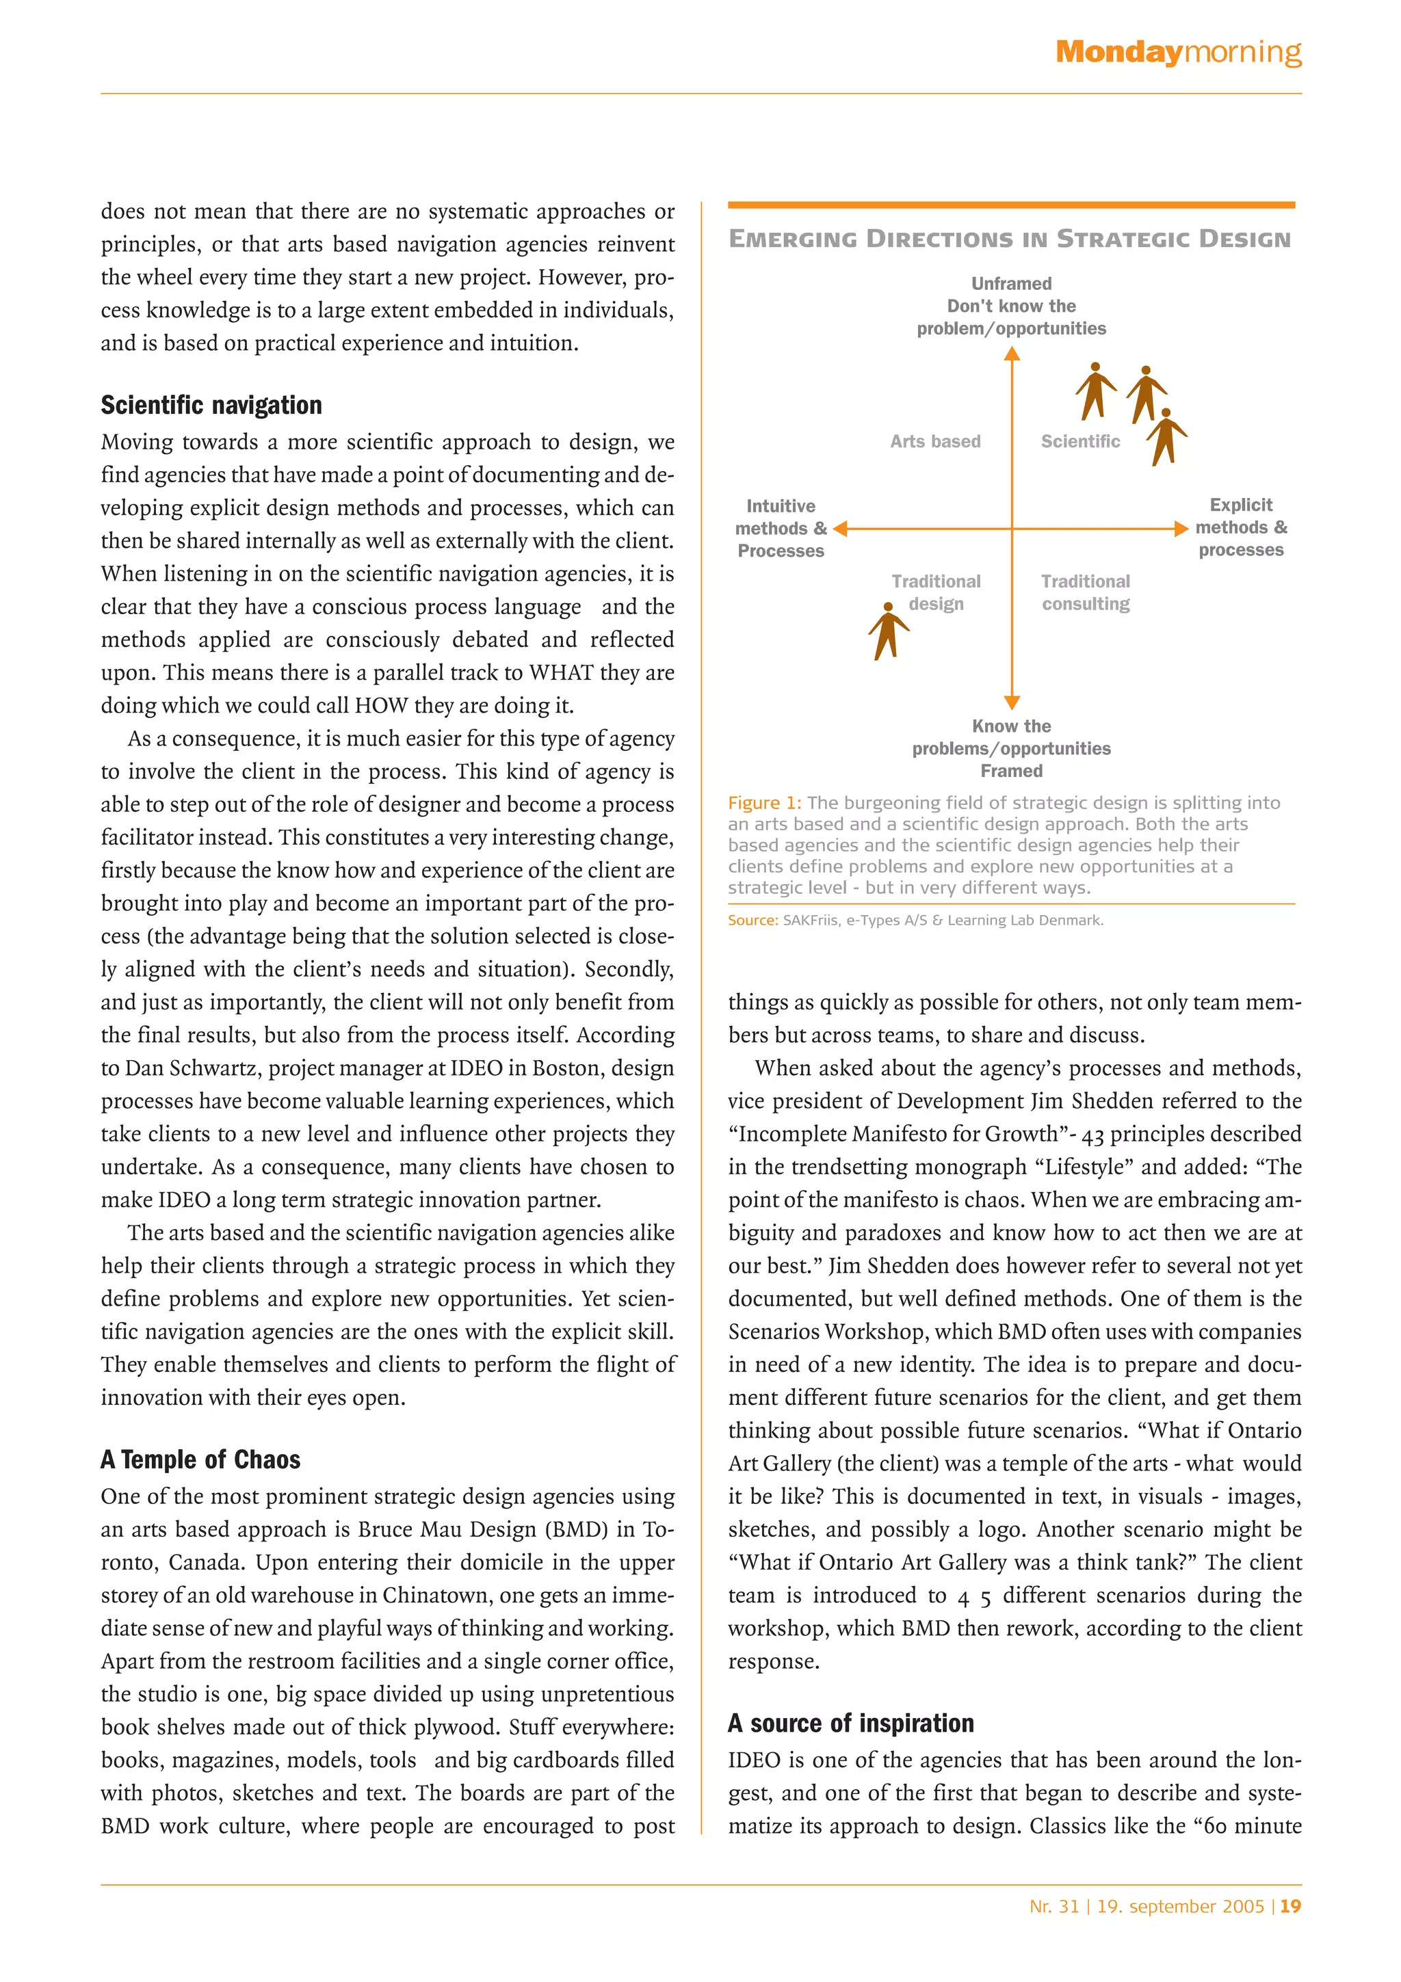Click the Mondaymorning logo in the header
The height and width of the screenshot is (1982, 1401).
click(x=1177, y=53)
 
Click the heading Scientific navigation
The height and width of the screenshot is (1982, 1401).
click(x=211, y=405)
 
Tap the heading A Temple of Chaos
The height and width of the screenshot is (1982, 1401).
click(x=200, y=1459)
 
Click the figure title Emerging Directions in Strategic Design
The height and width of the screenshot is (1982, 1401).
click(x=1009, y=239)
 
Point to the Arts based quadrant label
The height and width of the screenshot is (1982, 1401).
click(x=935, y=441)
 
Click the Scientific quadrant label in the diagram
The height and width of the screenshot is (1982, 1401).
click(x=1080, y=441)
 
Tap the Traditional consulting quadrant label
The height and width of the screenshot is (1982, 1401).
click(x=1085, y=592)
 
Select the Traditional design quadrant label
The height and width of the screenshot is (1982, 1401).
click(x=936, y=592)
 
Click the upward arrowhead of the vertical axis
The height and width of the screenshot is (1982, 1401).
click(x=1012, y=353)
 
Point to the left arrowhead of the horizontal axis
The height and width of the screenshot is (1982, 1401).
click(x=840, y=528)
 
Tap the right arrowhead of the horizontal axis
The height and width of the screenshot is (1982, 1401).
click(x=1181, y=528)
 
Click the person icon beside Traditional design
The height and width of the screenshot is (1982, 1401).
click(x=887, y=631)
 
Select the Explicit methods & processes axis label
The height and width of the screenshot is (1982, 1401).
click(x=1240, y=527)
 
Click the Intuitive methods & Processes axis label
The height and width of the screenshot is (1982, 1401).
click(x=781, y=528)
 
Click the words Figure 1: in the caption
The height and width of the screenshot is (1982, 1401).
click(x=764, y=803)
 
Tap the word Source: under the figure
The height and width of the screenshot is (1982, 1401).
click(x=752, y=921)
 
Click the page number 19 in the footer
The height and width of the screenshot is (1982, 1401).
click(x=1290, y=1906)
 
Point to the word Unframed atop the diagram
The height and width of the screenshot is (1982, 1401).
click(x=1011, y=283)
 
